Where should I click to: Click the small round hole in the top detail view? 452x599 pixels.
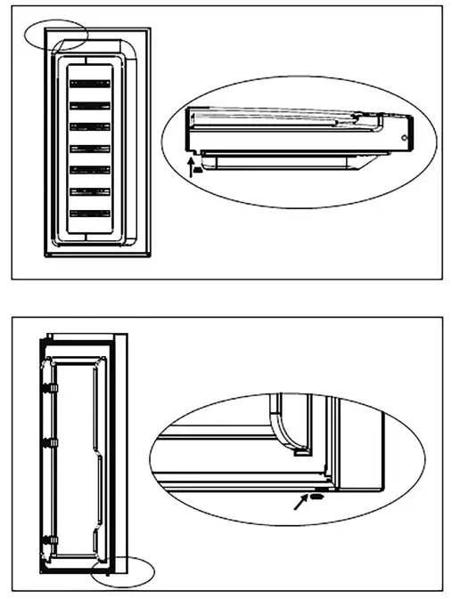[x=406, y=140]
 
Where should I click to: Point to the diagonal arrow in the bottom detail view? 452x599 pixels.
[x=300, y=506]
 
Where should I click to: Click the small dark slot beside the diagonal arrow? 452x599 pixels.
[x=318, y=498]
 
